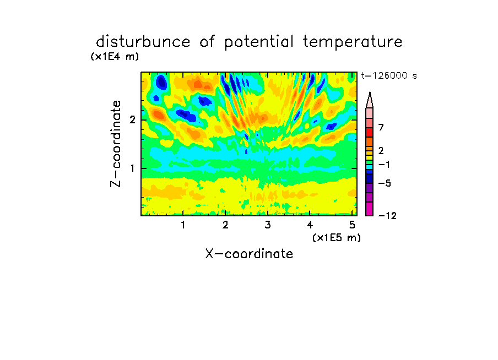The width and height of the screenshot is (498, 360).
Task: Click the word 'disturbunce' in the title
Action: click(143, 42)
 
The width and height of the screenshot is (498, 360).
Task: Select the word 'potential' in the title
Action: click(259, 42)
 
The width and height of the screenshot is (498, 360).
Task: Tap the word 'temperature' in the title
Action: click(353, 42)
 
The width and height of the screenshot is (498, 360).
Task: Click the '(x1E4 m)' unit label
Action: click(115, 57)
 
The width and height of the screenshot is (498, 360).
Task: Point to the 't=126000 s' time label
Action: click(389, 75)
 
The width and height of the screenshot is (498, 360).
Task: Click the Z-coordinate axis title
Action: click(115, 144)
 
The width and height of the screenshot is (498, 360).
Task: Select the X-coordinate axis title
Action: click(249, 254)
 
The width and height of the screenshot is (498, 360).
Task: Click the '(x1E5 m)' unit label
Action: click(337, 237)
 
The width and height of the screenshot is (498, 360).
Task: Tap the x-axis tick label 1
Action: click(183, 225)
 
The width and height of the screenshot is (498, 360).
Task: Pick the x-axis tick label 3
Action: click(268, 225)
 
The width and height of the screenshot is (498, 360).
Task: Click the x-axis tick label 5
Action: click(352, 225)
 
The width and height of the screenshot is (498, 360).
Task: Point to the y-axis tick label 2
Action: click(132, 119)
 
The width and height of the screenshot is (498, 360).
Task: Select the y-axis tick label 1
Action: click(132, 168)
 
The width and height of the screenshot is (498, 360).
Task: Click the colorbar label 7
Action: click(381, 127)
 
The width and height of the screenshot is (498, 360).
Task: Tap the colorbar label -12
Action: click(387, 216)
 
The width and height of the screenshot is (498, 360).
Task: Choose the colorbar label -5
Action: click(385, 183)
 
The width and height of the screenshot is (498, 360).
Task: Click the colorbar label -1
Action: click(384, 165)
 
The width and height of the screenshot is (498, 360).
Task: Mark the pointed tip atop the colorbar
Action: click(370, 92)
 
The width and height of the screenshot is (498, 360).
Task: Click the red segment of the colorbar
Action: click(370, 132)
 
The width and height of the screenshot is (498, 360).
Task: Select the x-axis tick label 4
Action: click(310, 225)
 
